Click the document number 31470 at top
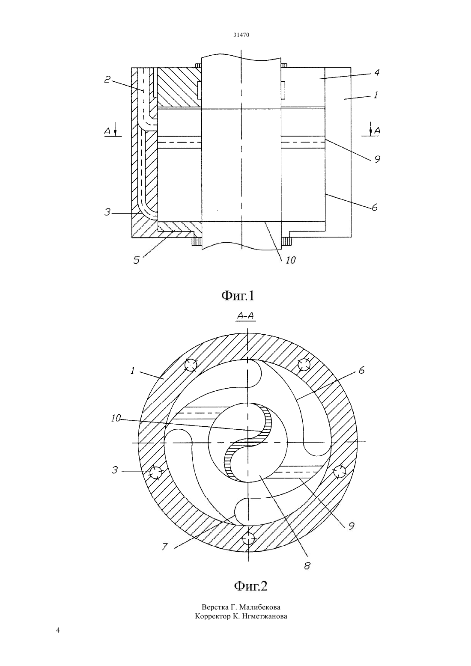241,35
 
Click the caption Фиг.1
238,295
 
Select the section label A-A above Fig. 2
246,316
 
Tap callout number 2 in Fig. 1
107,79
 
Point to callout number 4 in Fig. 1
377,72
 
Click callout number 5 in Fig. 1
137,261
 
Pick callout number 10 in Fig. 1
290,260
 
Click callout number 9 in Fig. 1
377,159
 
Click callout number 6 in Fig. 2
361,371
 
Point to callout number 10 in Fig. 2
116,419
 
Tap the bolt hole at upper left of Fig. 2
191,365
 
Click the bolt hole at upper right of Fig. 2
304,364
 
